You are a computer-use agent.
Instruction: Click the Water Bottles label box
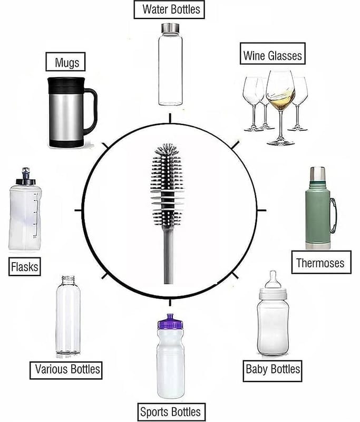click(169, 9)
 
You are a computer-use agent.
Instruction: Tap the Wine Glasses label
click(273, 54)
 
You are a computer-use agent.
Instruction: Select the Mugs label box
click(65, 62)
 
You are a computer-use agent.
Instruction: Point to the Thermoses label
click(322, 262)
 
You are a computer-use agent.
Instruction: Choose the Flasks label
click(25, 266)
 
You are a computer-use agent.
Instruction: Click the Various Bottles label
click(66, 370)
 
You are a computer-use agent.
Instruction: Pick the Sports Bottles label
click(171, 412)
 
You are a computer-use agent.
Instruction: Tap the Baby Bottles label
click(273, 371)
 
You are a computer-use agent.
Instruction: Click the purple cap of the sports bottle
click(170, 322)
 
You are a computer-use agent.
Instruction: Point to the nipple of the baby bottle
click(273, 280)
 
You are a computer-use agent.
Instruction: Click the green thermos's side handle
click(333, 215)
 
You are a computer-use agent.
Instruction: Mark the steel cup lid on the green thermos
click(317, 175)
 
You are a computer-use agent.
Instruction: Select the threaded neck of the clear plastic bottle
click(68, 281)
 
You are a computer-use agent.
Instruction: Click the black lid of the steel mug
click(66, 85)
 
